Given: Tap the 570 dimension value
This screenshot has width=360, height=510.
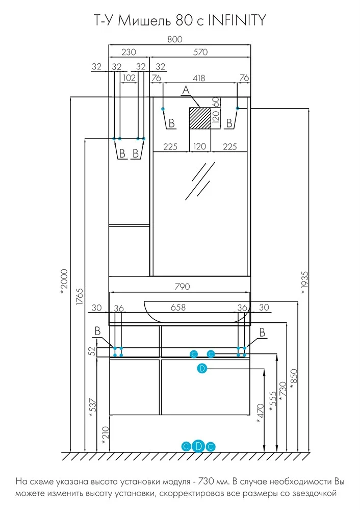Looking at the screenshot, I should point(200,52).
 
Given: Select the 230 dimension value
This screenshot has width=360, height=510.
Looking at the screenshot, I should point(129,52).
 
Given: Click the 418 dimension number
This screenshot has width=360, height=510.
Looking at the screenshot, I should point(199,78).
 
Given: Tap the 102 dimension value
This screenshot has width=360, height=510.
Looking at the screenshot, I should point(130,78).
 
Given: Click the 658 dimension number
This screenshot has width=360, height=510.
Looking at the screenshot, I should point(177,308).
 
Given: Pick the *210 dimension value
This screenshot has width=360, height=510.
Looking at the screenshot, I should point(104,437).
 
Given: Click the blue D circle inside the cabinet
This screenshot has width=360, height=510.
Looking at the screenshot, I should point(202,368).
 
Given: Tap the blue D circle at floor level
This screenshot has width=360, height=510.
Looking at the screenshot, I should point(199,446).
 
